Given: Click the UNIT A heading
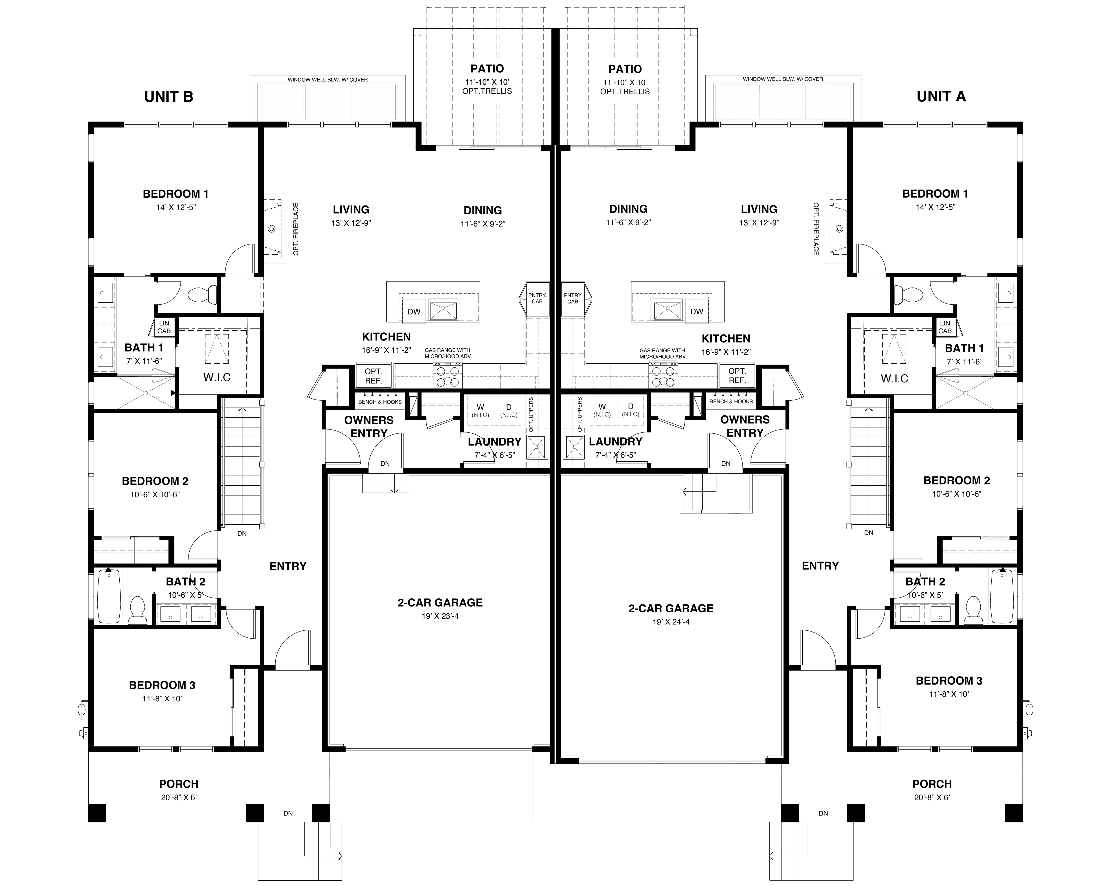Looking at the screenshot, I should point(941,96).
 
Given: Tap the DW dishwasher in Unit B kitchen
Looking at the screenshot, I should point(414,312).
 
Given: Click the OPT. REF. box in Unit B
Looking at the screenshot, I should point(374,376).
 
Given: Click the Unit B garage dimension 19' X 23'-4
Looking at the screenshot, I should point(439,616).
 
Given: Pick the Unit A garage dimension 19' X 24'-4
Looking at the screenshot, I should point(671,622).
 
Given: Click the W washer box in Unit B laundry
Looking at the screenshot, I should point(480,410).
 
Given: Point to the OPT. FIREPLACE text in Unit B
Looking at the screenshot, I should point(296,229).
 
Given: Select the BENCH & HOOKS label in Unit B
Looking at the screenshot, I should point(380,402).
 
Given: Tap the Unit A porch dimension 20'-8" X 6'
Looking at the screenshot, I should point(932,797).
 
